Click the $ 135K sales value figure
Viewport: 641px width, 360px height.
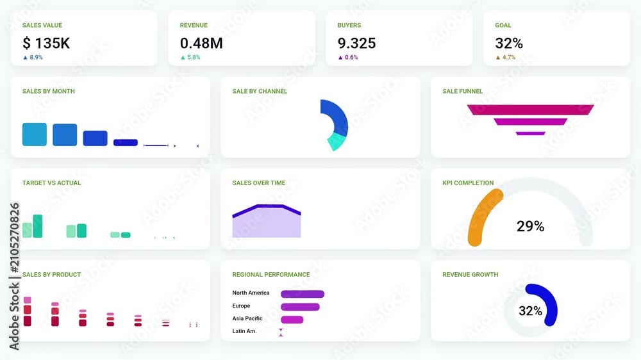pyautogui.click(x=46, y=43)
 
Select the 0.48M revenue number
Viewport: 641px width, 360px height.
pyautogui.click(x=201, y=43)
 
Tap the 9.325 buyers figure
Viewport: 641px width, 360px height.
pyautogui.click(x=356, y=43)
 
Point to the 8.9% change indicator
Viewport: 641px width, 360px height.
pyautogui.click(x=33, y=57)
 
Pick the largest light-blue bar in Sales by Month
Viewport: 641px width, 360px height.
pyautogui.click(x=35, y=135)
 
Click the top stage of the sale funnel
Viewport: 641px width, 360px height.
pyautogui.click(x=530, y=110)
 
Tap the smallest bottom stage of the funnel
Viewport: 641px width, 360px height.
pyautogui.click(x=530, y=133)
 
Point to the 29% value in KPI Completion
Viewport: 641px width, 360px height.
pyautogui.click(x=530, y=226)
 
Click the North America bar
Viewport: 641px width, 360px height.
pyautogui.click(x=303, y=294)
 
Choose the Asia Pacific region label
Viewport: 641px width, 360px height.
pyautogui.click(x=247, y=318)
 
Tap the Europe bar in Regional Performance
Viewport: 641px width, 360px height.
pyautogui.click(x=300, y=307)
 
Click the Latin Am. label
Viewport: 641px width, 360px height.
pyautogui.click(x=244, y=331)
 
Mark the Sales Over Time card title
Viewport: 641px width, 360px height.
pyautogui.click(x=259, y=183)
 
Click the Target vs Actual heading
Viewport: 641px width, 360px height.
pyautogui.click(x=51, y=183)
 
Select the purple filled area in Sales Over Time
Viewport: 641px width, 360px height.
pyautogui.click(x=267, y=224)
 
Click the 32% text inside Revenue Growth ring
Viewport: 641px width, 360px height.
pyautogui.click(x=530, y=311)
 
